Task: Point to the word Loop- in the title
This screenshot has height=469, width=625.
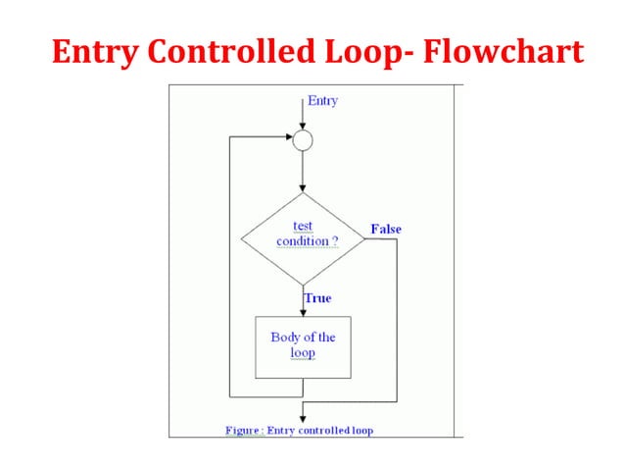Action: [368, 50]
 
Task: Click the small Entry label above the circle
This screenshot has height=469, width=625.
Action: [322, 101]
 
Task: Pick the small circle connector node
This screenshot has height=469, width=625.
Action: [304, 139]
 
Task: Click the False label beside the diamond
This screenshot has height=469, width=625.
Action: [385, 230]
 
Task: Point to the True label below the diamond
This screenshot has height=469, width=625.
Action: [317, 297]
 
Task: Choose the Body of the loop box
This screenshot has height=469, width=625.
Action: [303, 345]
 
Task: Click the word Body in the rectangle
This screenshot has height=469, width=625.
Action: [284, 338]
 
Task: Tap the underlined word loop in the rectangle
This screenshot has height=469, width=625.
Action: [303, 353]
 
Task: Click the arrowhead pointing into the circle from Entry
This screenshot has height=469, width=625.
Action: [304, 126]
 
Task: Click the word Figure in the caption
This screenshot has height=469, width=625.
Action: [242, 430]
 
